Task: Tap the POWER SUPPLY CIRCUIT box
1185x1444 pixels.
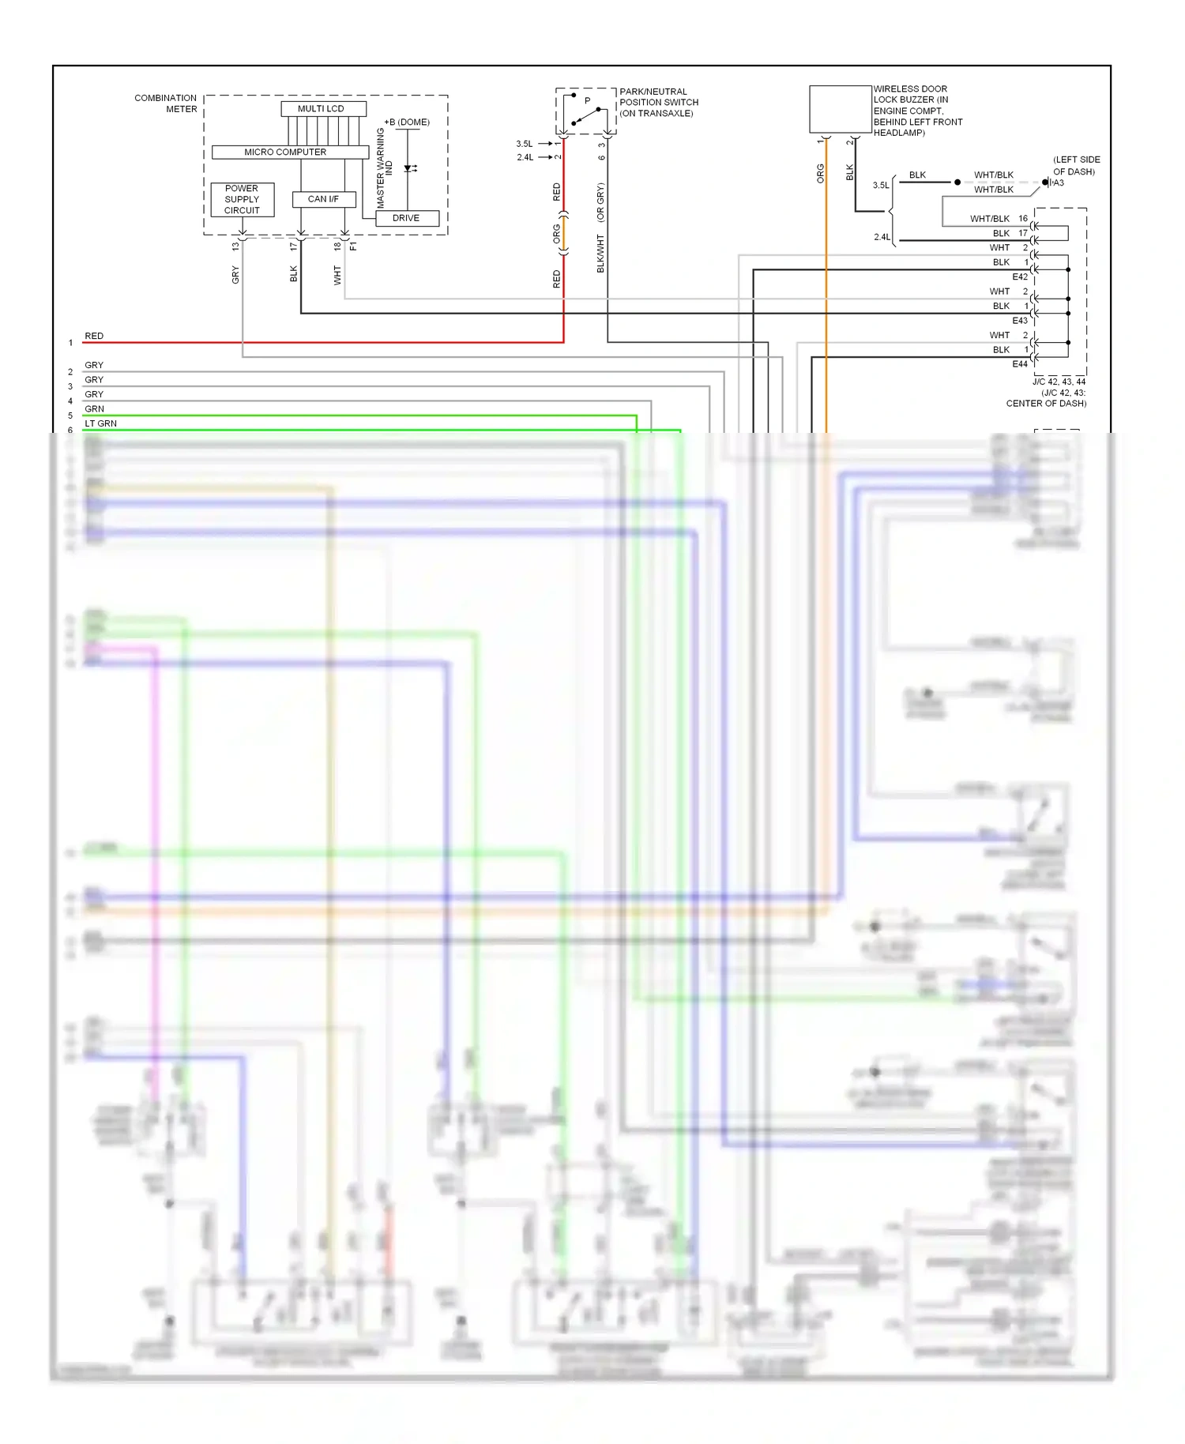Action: (242, 199)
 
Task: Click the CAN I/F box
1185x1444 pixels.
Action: (324, 199)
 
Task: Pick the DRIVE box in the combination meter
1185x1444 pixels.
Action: (406, 218)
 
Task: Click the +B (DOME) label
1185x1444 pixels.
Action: (407, 122)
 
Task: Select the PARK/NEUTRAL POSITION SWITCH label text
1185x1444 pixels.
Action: (658, 103)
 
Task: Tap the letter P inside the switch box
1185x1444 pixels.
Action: (587, 101)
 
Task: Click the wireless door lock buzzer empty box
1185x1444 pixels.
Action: (840, 109)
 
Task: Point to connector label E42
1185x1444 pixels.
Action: (1020, 277)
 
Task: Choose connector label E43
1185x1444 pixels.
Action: (1020, 321)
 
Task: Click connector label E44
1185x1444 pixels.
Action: (1020, 364)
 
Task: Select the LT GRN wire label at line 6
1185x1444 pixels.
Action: (100, 423)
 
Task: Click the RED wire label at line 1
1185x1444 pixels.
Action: (94, 336)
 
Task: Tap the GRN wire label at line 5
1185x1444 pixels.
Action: (94, 409)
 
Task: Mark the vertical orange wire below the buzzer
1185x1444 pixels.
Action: (826, 316)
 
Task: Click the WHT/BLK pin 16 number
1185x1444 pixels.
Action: (1023, 219)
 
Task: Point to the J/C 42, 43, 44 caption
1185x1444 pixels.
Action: (1059, 382)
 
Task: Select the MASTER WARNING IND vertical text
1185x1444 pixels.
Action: (384, 167)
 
